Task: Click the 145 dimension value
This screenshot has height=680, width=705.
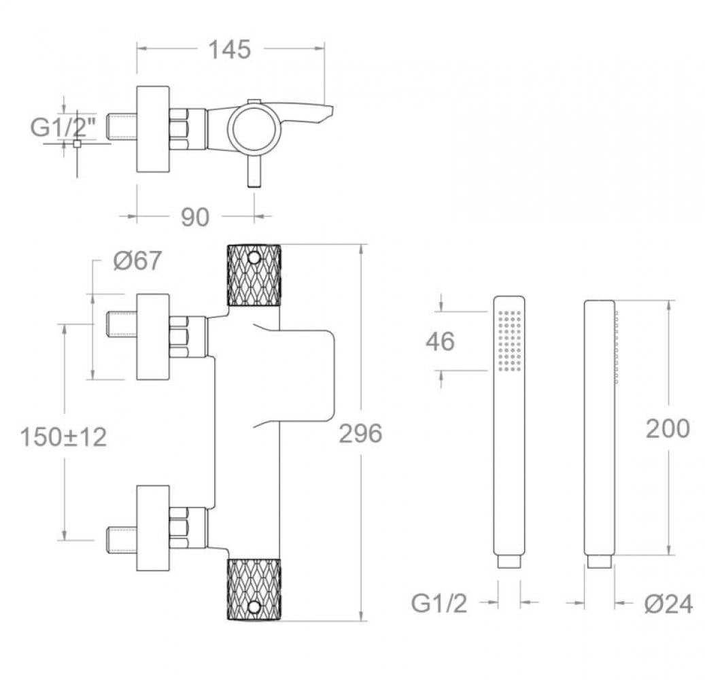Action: coord(229,50)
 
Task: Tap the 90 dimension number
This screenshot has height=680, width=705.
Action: coord(195,217)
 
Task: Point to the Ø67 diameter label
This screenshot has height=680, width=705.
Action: coord(137,260)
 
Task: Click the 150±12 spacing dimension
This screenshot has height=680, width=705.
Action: coord(63,437)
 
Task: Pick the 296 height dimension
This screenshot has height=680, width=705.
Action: coord(360,433)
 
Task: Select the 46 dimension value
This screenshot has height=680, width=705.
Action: coord(440,341)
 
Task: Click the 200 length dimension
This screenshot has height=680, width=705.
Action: coord(667,429)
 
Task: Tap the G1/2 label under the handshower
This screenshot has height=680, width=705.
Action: coord(439,603)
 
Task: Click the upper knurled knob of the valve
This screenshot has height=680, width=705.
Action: coord(254,275)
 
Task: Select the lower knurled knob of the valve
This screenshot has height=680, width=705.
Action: coord(254,590)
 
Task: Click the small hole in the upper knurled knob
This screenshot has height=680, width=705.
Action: coord(254,258)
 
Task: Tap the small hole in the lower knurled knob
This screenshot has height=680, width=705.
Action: coord(254,606)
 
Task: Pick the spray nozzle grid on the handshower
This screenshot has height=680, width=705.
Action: coord(509,341)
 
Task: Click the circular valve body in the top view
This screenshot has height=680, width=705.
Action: coord(254,129)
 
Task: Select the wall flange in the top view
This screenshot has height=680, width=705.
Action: coord(153,129)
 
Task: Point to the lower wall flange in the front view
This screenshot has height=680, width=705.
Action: coord(153,528)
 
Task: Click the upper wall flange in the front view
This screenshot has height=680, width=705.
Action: coord(153,337)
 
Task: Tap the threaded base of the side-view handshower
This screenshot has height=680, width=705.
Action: coord(599,562)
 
